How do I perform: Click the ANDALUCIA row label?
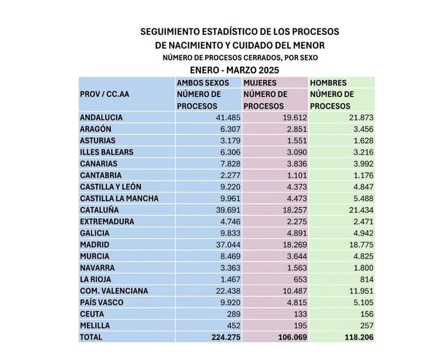101,117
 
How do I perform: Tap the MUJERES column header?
260,83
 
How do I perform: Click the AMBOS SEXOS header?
203,83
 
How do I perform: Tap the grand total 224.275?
221,337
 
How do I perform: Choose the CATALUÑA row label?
99,209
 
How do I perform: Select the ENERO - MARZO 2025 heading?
235,70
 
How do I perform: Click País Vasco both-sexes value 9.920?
227,302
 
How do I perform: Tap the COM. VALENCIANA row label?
113,291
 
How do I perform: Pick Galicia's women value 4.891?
293,233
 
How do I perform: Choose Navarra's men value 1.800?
361,267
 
